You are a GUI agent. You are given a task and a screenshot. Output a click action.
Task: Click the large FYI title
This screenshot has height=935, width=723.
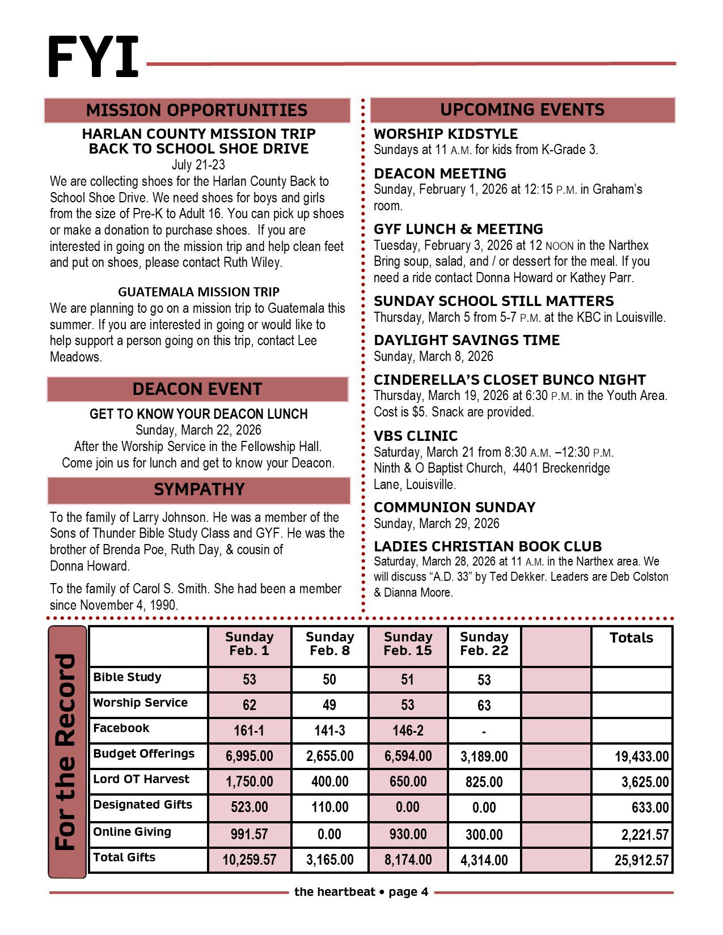point(94,57)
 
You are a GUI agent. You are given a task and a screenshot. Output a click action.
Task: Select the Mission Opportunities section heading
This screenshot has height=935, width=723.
point(197,110)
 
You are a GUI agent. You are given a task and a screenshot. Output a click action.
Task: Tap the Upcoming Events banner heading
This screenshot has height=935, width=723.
point(522,109)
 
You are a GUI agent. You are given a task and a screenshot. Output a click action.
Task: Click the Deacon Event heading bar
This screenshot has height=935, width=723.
point(197,389)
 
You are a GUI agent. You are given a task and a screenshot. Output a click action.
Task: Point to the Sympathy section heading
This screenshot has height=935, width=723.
point(199,490)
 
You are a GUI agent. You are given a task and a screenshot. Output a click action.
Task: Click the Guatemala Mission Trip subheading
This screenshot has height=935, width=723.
point(198,292)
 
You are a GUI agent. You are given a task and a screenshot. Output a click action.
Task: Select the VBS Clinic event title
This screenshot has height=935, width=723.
point(416,436)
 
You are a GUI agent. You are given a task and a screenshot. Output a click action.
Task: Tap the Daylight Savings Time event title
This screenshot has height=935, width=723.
point(467,340)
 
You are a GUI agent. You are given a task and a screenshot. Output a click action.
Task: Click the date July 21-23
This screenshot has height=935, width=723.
point(198,165)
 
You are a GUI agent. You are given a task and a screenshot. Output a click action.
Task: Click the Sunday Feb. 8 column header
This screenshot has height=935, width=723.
point(329,644)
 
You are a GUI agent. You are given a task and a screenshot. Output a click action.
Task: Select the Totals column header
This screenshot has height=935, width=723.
point(631,638)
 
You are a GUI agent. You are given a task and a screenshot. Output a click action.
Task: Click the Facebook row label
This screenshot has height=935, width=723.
point(121,728)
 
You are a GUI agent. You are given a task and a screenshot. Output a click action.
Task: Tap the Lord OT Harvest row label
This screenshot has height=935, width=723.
point(141,779)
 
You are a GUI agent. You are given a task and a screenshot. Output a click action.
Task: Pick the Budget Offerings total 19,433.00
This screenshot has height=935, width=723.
point(641,756)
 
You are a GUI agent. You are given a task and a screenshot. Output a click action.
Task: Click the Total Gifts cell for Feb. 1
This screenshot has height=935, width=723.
point(249,860)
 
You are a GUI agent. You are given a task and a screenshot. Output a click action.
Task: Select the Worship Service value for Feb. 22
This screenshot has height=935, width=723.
point(484,705)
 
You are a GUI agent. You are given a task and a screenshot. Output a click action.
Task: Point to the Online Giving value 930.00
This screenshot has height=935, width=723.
point(408,835)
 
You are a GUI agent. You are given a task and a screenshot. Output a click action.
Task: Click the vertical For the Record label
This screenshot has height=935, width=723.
point(67,751)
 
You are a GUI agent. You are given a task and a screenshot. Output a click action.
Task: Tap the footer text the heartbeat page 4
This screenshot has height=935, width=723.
point(361,892)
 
